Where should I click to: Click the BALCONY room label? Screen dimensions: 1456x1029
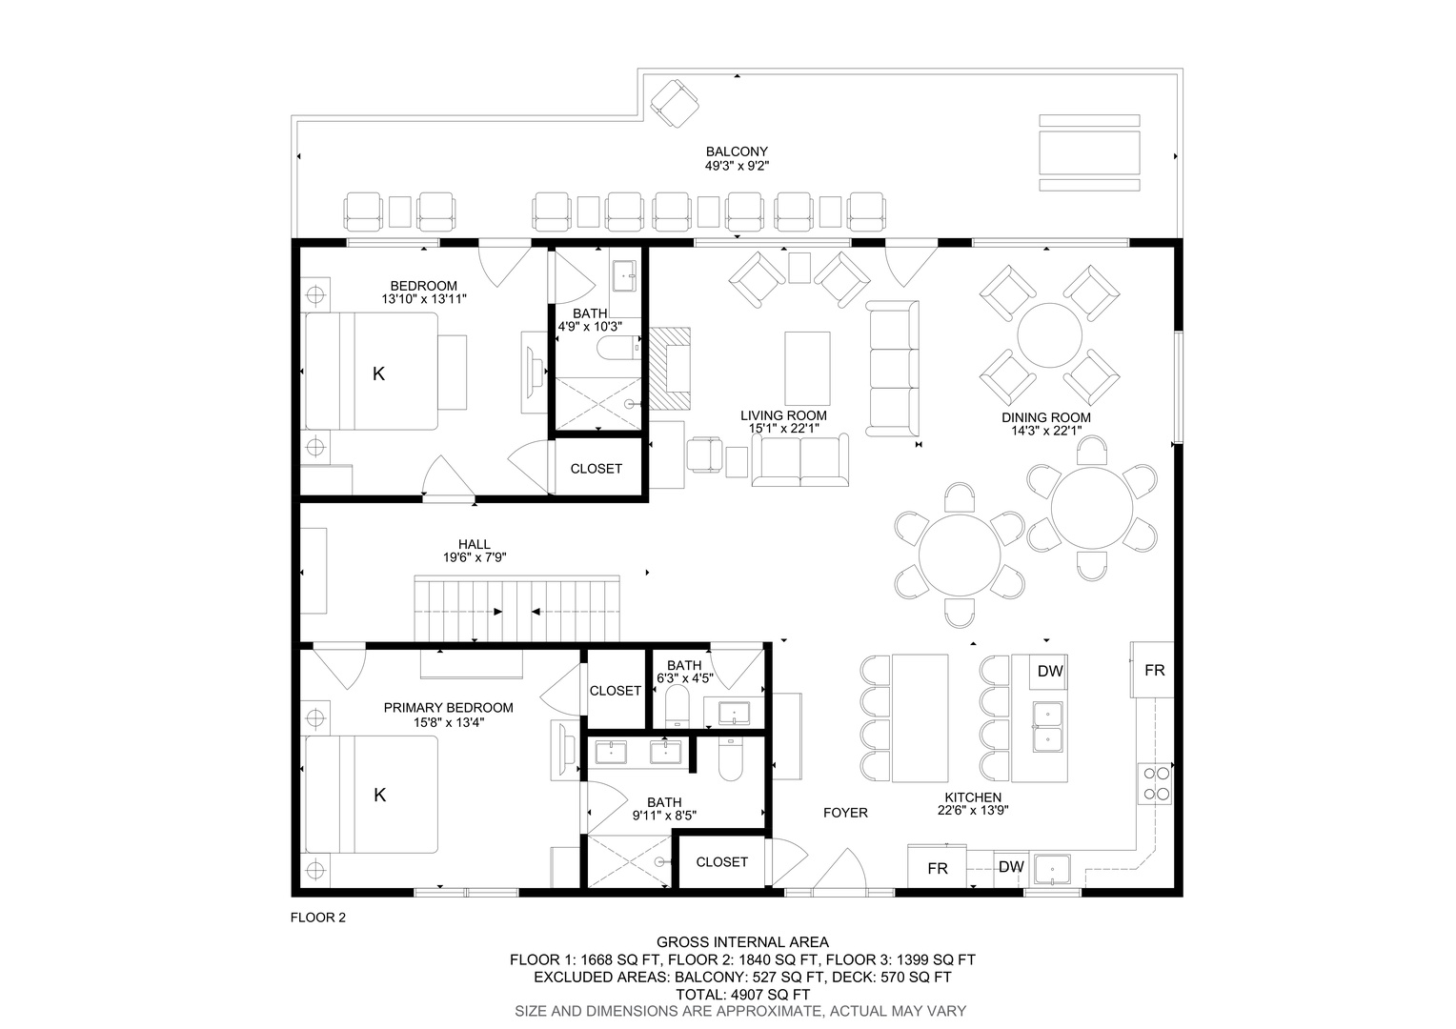coord(737,151)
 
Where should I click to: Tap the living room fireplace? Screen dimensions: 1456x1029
coord(670,369)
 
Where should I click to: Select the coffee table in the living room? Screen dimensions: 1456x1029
coord(807,369)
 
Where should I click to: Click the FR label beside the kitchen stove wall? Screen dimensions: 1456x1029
coord(1154,670)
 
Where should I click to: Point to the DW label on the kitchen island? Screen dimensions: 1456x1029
coord(1050,672)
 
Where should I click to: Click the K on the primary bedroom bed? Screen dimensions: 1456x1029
coord(380,795)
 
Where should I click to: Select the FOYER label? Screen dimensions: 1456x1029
coord(845,813)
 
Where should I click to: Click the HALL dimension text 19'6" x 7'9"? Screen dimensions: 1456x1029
coord(475,557)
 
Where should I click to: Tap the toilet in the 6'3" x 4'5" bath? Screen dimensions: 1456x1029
coord(677,706)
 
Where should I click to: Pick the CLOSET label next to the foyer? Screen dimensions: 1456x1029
coord(721,862)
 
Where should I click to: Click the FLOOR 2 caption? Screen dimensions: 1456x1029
coord(318,918)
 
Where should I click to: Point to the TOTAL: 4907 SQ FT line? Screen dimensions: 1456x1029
coord(742,995)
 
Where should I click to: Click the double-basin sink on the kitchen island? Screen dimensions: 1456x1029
coord(1048,727)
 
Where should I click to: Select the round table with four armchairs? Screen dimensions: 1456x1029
coord(1049,335)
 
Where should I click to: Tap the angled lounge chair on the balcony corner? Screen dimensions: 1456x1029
coord(675,104)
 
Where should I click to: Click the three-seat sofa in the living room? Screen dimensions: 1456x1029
coord(893,368)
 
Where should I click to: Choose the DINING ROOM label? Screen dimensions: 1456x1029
coord(1046,418)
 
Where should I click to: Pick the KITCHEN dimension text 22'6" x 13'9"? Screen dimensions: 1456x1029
coord(972,810)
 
